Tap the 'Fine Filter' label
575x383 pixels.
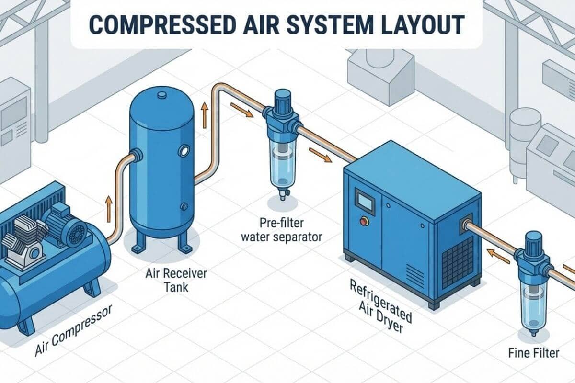coord(533,353)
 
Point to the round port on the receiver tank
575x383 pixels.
coord(183,151)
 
